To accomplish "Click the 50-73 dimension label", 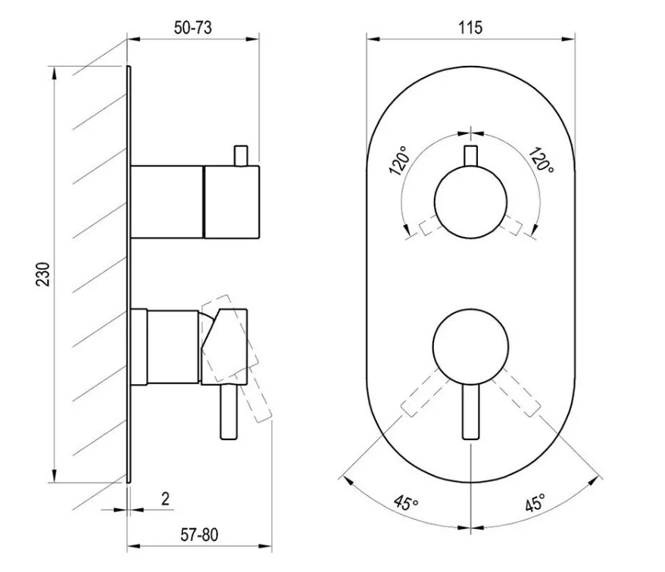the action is click(x=192, y=27).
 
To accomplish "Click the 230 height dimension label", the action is click(x=43, y=274).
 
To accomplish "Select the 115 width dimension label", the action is click(x=470, y=27).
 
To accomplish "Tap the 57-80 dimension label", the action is click(x=199, y=535).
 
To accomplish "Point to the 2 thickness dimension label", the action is click(x=165, y=499).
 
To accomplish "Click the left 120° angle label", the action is click(x=398, y=161).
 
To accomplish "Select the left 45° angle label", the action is click(x=406, y=503).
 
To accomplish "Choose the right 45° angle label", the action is click(x=535, y=503).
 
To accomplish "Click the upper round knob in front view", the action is click(x=471, y=202).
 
